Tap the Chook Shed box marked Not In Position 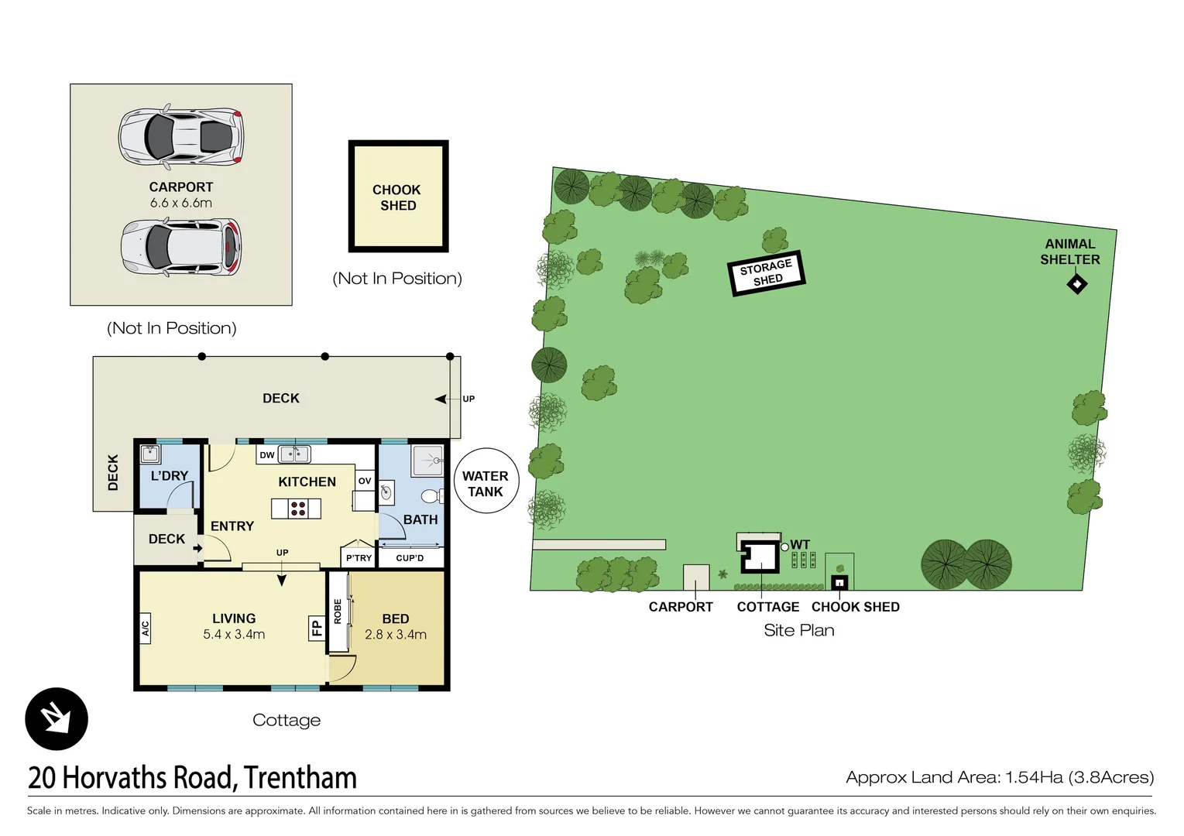398,197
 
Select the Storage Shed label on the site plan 767,272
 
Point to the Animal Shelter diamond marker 1076,284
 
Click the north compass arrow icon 57,718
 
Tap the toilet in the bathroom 431,495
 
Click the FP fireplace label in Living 316,627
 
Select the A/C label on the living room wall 145,628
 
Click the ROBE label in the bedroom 338,612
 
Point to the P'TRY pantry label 359,558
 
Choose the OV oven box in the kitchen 365,481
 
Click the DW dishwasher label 266,455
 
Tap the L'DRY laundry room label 169,476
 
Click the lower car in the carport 180,247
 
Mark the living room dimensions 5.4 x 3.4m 234,635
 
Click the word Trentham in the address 300,777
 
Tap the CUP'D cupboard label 410,558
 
